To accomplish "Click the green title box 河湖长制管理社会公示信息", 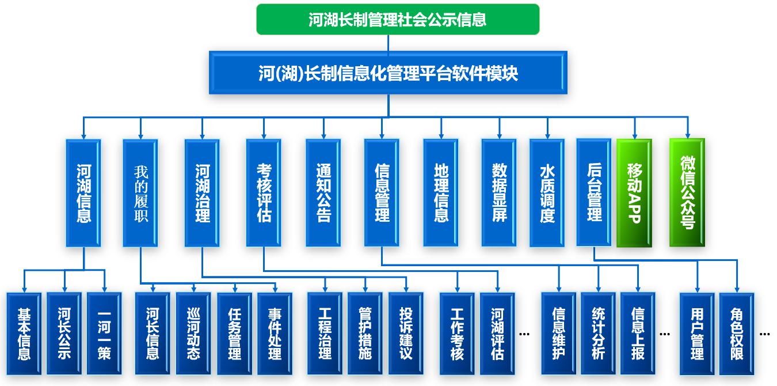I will (x=398, y=20).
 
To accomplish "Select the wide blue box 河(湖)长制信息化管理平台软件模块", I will (x=388, y=73).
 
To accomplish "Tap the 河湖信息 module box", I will (x=83, y=193).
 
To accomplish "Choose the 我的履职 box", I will (x=140, y=193).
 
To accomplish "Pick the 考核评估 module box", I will (x=264, y=193).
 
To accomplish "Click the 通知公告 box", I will (x=323, y=193).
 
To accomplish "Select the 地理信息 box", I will (x=441, y=193).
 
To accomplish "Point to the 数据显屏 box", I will (x=499, y=193).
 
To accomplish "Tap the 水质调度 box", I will (x=547, y=193).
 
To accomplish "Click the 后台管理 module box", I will (x=594, y=192).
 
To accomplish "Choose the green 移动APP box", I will (x=634, y=193).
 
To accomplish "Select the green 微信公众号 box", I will (x=687, y=193).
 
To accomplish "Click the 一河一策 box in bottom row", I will (x=104, y=334).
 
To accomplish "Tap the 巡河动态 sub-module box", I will (x=193, y=334).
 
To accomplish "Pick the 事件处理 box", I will (x=275, y=334).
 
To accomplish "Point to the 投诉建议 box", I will (x=406, y=334).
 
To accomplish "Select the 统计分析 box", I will (x=598, y=334).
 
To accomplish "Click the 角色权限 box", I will (x=737, y=334).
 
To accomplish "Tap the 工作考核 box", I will (x=457, y=334).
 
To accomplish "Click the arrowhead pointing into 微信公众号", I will (x=687, y=134).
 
